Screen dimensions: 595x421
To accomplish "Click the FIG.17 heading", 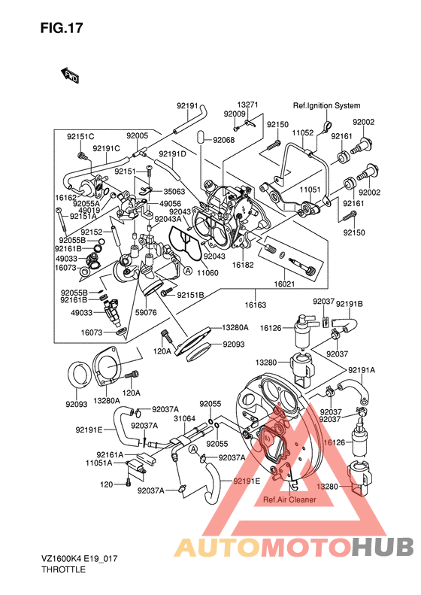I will tap(62, 28).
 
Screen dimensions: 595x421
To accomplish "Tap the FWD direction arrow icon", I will tap(71, 74).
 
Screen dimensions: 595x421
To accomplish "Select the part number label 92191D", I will tap(173, 154).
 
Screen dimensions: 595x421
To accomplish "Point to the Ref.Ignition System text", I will tap(326, 106).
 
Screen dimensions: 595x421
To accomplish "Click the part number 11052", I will tap(303, 132).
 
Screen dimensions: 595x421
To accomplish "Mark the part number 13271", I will tap(248, 105).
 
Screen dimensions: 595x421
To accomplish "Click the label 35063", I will tap(175, 192).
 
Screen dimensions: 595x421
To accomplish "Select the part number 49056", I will tap(170, 204).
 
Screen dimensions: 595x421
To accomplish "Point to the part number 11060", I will tap(208, 272).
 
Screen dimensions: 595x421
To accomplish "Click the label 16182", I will tap(242, 265).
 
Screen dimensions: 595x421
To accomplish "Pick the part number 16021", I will tap(284, 285).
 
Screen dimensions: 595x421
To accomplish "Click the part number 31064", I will tap(184, 419).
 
